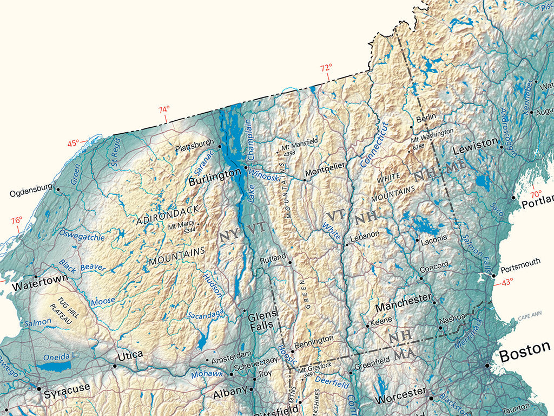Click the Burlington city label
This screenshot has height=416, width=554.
[214, 176]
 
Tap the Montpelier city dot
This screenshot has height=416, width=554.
[304, 180]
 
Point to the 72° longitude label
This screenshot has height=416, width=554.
[326, 68]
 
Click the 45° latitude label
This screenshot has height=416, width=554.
[73, 144]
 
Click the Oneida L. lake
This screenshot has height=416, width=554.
[54, 367]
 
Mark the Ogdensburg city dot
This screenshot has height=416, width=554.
[57, 189]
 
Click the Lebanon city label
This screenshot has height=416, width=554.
[365, 237]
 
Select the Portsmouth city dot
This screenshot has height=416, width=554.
[493, 276]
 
